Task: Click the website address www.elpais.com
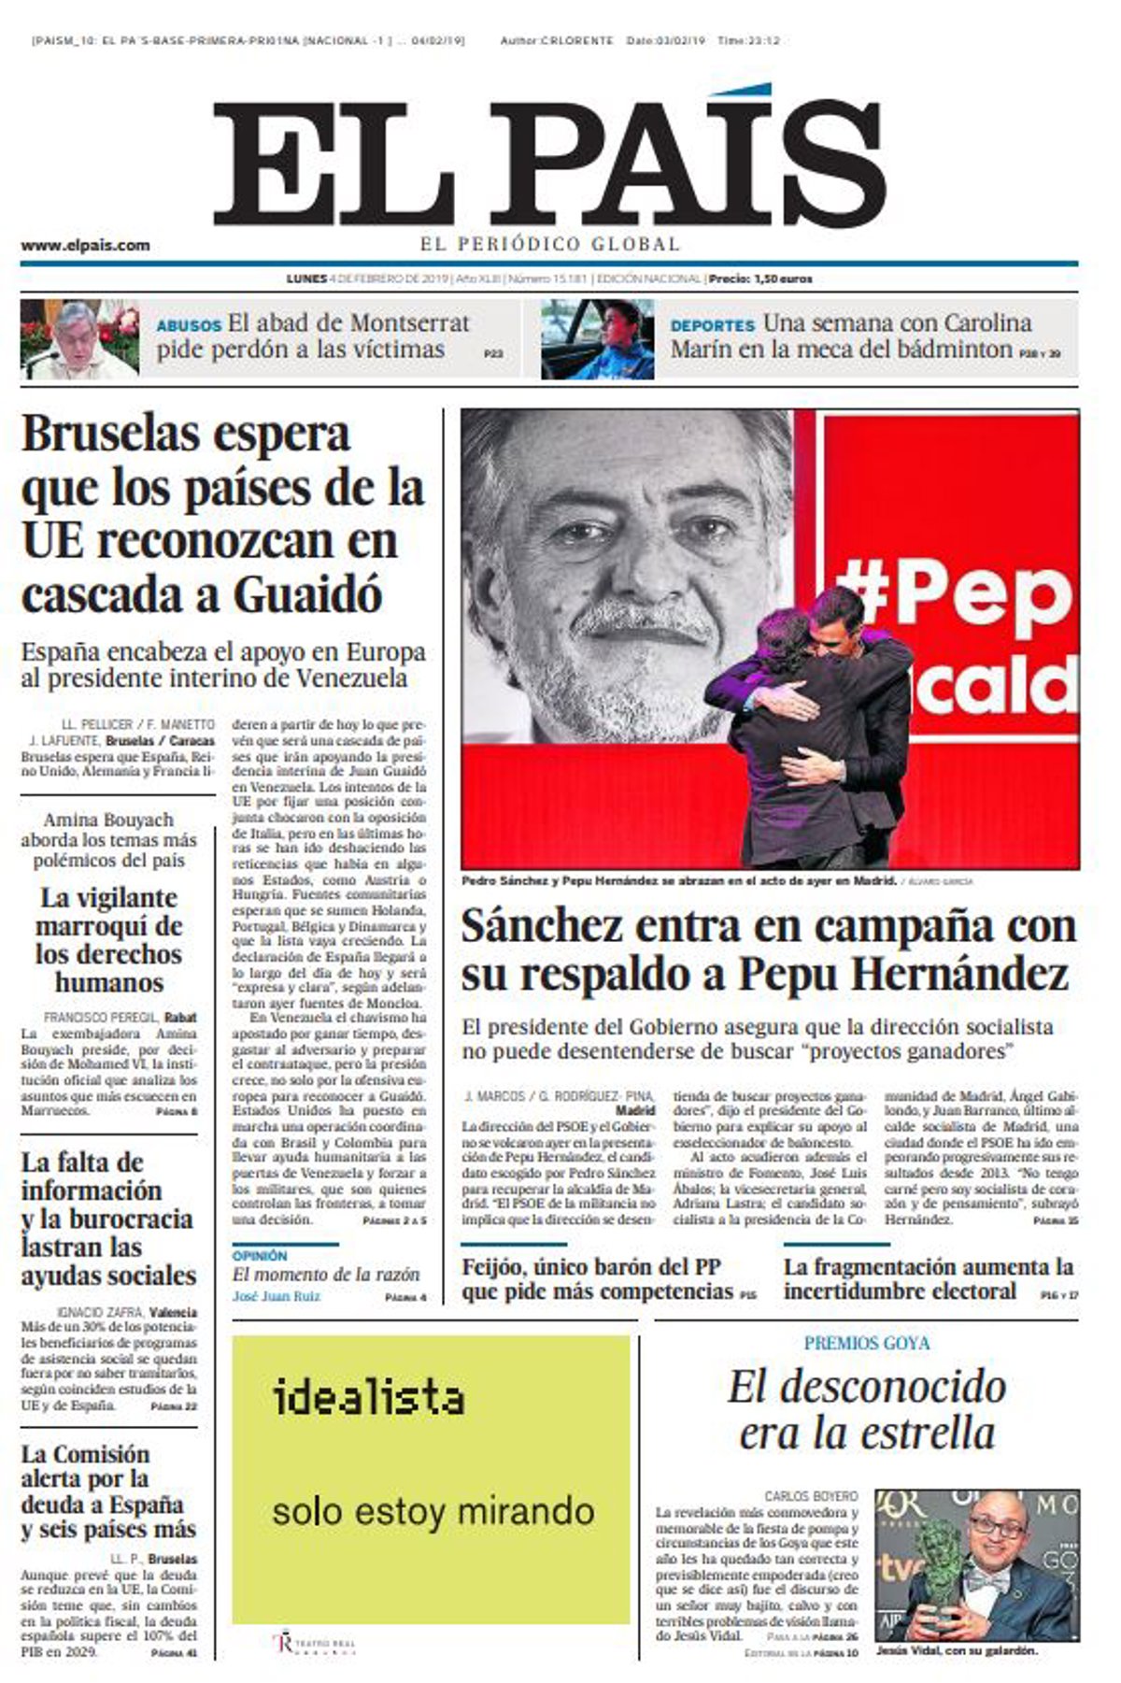[x=85, y=246]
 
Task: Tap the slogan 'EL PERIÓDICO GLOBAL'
[x=549, y=245]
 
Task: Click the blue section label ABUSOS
[x=189, y=326]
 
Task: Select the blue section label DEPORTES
[x=712, y=326]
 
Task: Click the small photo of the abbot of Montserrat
[x=78, y=337]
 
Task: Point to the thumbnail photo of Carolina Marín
[x=597, y=337]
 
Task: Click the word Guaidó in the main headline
[x=308, y=594]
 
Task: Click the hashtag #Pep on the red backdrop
[x=953, y=594]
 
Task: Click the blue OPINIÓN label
[x=260, y=1256]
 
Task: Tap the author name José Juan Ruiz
[x=276, y=1296]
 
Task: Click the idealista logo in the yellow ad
[x=369, y=1398]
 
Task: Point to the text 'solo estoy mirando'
[x=433, y=1511]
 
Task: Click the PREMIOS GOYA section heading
[x=866, y=1343]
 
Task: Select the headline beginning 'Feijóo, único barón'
[x=598, y=1279]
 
